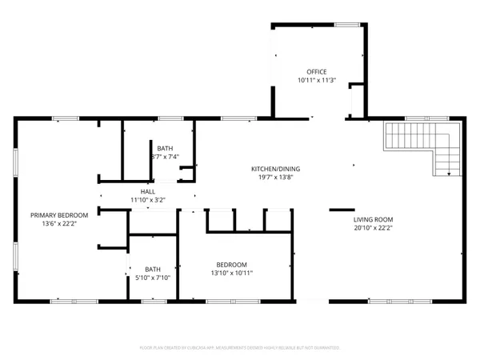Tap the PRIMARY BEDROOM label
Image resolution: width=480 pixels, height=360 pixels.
pos(58,214)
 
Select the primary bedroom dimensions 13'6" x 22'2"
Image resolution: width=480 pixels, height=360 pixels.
pos(58,223)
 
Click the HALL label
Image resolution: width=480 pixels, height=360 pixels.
pos(148,191)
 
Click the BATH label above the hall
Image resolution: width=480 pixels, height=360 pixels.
pos(164,148)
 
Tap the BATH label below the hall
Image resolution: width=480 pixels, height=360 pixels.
pos(153,268)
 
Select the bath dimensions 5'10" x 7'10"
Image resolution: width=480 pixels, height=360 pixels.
pos(153,277)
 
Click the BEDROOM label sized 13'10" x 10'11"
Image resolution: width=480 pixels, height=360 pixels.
pos(231,265)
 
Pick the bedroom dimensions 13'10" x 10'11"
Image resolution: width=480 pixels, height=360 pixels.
pos(231,274)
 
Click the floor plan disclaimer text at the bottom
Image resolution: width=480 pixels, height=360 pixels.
pos(240,348)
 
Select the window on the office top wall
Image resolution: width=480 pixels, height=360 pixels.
pos(346,25)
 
